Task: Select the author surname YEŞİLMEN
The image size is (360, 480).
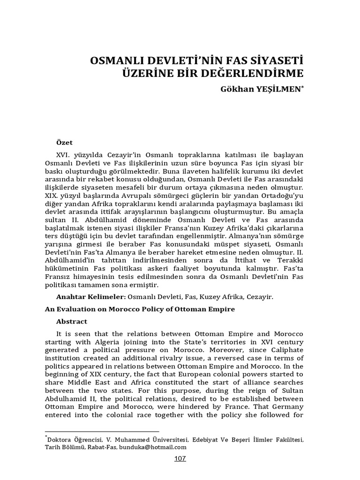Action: (278, 89)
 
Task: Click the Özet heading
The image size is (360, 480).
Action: (65, 142)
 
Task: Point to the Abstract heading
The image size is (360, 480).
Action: (72, 322)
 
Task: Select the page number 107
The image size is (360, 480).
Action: (180, 458)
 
